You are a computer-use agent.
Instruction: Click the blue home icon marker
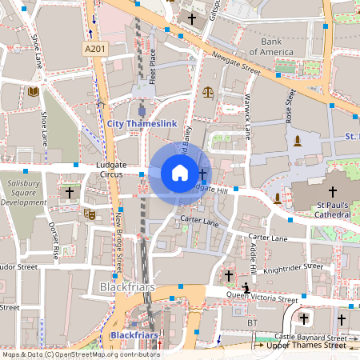180,173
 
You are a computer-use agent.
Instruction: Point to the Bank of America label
271,46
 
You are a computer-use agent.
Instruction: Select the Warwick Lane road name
247,117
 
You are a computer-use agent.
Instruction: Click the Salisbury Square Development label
25,193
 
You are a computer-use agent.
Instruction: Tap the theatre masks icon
89,214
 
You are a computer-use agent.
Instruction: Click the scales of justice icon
209,91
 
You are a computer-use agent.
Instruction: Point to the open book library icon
34,92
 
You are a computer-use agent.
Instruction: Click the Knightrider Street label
293,268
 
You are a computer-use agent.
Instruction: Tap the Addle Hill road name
254,255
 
